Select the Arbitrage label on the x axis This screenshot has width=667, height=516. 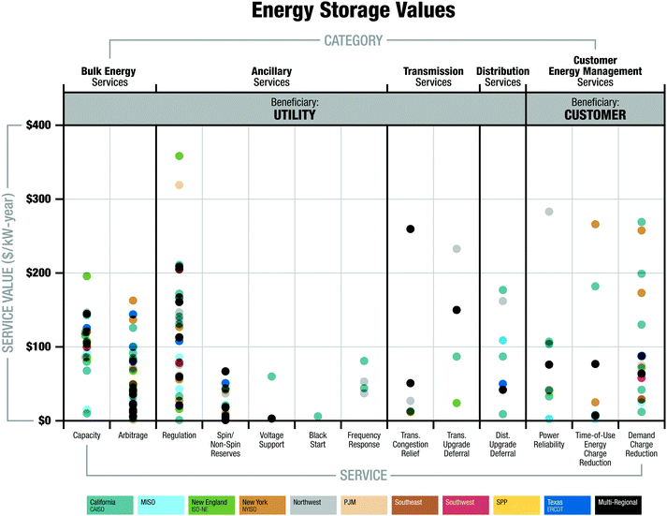[x=133, y=435]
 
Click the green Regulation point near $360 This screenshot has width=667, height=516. [x=179, y=156]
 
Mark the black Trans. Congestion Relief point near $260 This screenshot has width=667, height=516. [x=410, y=229]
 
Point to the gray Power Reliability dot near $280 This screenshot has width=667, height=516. [x=549, y=213]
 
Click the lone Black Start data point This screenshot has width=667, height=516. [x=318, y=417]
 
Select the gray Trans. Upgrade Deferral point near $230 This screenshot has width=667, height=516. [x=457, y=249]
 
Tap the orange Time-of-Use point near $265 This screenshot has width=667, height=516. [x=595, y=225]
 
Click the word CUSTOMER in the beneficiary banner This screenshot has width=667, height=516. [x=594, y=115]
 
